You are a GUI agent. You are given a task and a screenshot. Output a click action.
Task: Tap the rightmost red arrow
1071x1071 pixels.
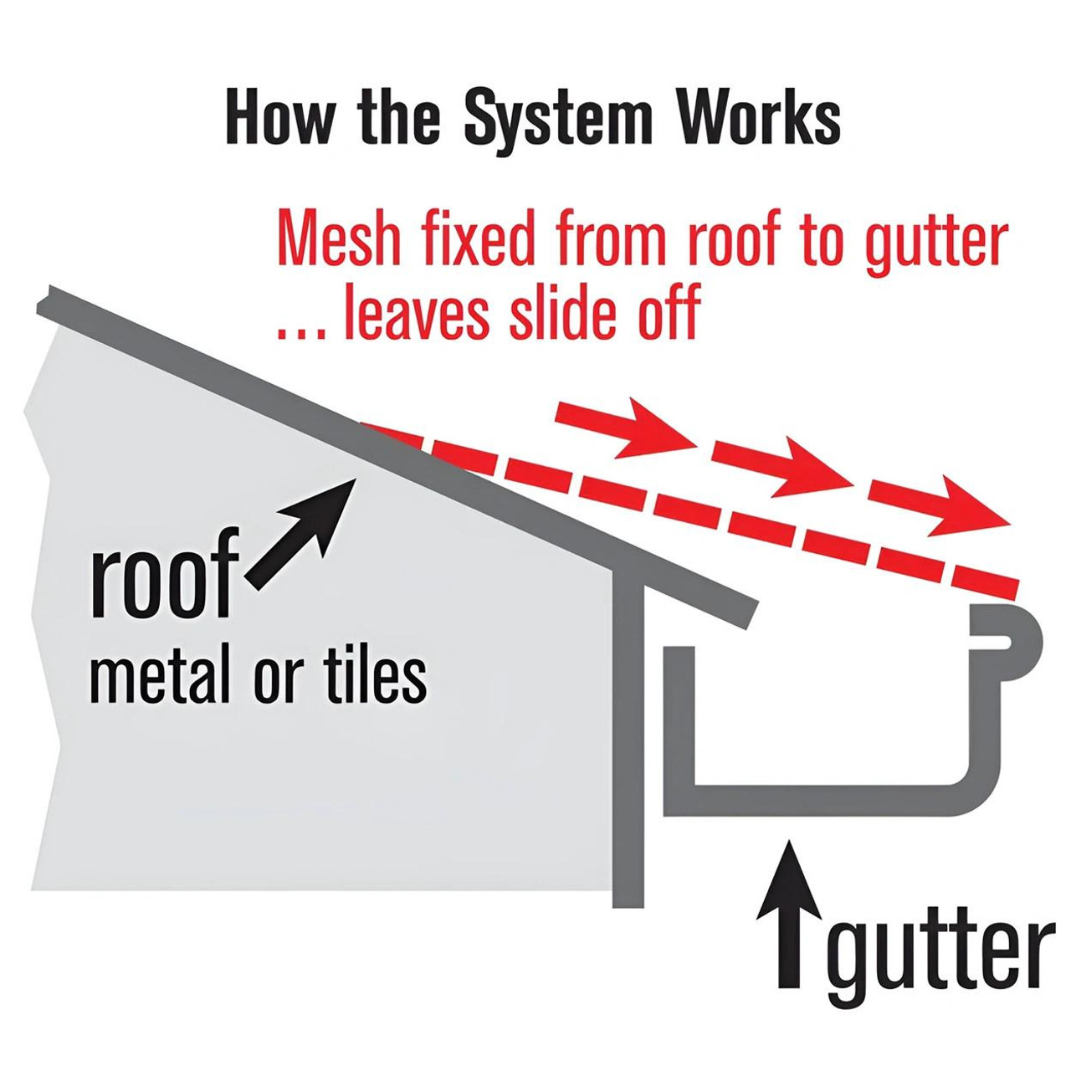tap(937, 504)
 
